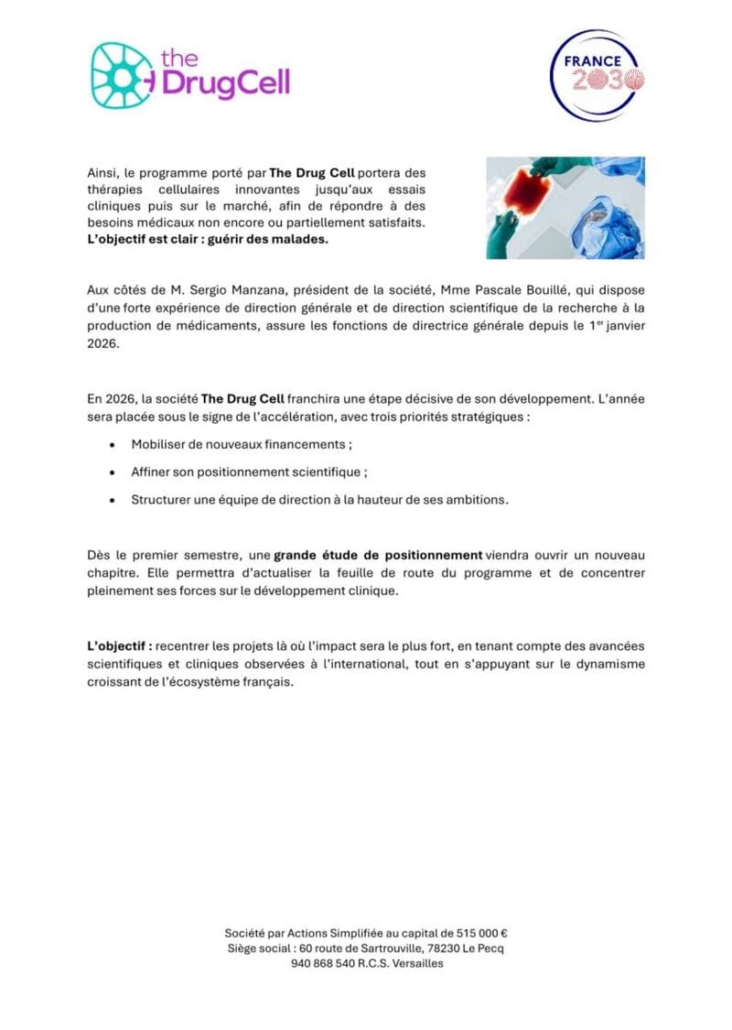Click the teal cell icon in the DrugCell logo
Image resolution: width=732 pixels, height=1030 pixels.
pyautogui.click(x=123, y=75)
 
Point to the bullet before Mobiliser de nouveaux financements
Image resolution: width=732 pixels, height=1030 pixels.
pyautogui.click(x=111, y=445)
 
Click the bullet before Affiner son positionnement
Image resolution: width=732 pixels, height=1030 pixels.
pyautogui.click(x=111, y=472)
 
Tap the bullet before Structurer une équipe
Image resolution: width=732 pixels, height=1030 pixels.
pyautogui.click(x=111, y=501)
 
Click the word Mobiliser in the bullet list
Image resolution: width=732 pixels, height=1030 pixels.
pyautogui.click(x=161, y=445)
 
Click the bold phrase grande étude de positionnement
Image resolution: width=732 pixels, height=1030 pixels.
pyautogui.click(x=378, y=555)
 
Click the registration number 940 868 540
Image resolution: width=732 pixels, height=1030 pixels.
pyautogui.click(x=323, y=963)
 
